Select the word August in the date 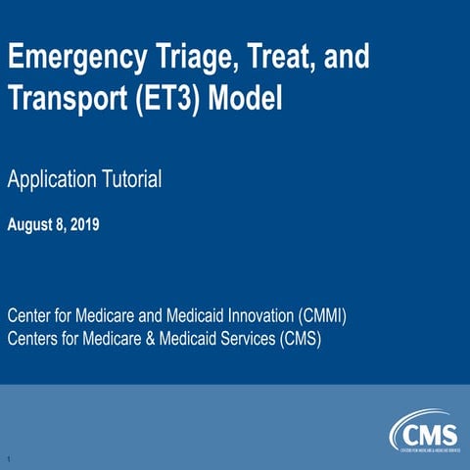[x=29, y=224]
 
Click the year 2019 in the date [x=82, y=224]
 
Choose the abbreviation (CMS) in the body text [x=300, y=339]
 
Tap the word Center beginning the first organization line [x=28, y=318]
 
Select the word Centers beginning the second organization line [x=32, y=339]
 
